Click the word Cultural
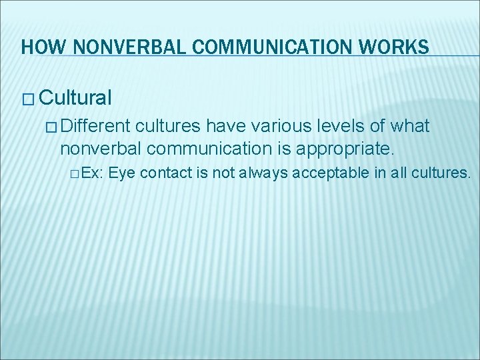(75, 99)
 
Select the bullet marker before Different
(55, 127)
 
